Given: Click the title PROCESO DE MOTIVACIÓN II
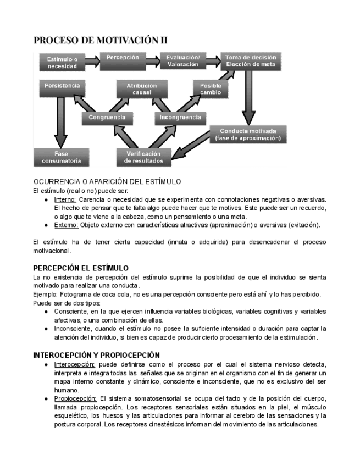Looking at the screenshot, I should (100, 40).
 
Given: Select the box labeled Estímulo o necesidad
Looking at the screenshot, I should (62, 62).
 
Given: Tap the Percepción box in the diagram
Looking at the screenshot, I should (123, 58).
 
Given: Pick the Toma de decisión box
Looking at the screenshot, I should (252, 61).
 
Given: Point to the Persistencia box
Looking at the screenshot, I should (62, 87).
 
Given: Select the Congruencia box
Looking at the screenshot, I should (107, 118).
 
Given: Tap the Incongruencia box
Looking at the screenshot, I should (180, 118).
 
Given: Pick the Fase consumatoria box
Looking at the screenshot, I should (61, 157).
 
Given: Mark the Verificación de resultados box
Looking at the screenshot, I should (143, 157).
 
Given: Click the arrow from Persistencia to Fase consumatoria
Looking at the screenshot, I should (58, 121).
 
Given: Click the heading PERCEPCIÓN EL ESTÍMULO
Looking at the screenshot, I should (81, 268).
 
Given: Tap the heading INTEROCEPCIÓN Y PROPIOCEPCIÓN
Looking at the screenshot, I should (96, 355).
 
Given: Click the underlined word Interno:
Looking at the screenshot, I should (65, 199).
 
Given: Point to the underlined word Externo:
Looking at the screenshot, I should (66, 225).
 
